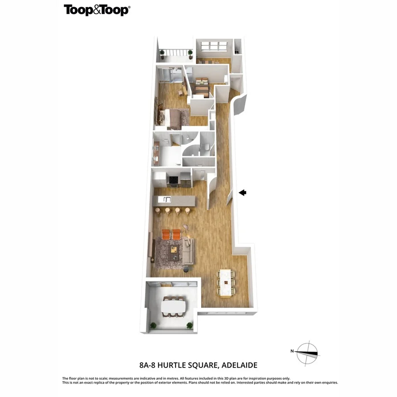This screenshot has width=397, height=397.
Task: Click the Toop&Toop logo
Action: (97, 10)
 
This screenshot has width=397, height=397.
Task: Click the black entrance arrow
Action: (243, 192)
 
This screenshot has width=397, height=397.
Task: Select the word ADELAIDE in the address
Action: (240, 365)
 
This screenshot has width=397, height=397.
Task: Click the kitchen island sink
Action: (167, 200)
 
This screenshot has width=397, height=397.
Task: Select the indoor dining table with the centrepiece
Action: (226, 282)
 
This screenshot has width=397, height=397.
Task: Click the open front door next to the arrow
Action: (229, 196)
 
